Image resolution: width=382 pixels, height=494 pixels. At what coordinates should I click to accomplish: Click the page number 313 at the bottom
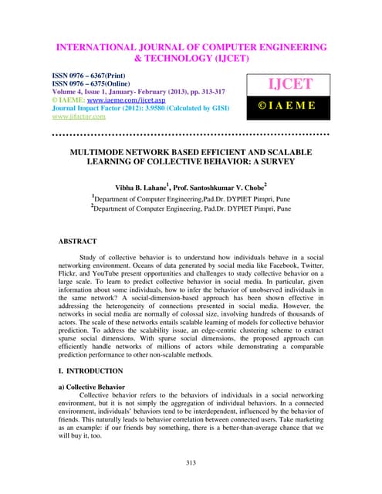pos(191,463)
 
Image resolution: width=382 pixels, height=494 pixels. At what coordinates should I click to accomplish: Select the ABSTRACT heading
pos(82,242)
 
